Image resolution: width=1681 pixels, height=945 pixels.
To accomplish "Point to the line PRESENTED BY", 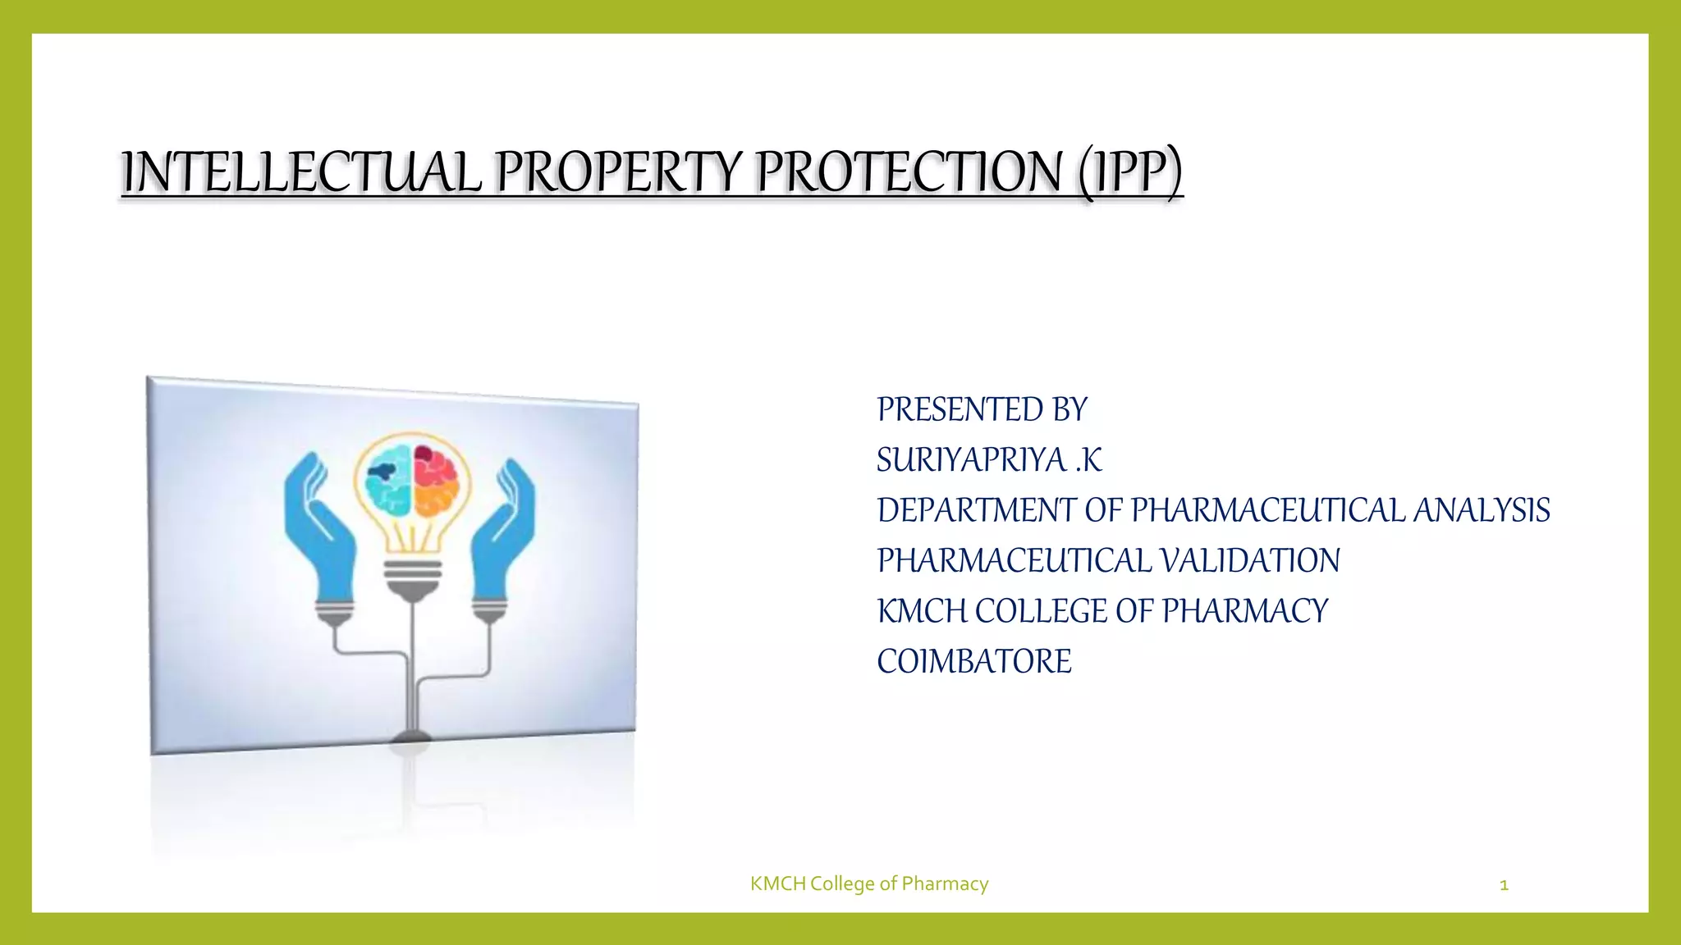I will (x=982, y=409).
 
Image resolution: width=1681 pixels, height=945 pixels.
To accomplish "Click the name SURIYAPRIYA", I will (x=971, y=460).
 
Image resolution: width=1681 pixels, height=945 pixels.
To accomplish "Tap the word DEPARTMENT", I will (x=976, y=510).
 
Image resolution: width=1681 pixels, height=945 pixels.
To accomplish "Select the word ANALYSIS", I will (x=1481, y=510).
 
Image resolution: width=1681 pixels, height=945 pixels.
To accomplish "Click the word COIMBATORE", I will (x=973, y=661).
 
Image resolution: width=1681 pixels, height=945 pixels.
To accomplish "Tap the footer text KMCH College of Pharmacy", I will (x=868, y=883).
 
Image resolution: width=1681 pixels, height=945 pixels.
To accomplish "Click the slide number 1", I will (x=1504, y=884).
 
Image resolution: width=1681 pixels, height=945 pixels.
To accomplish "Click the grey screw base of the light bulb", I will (x=413, y=574).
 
